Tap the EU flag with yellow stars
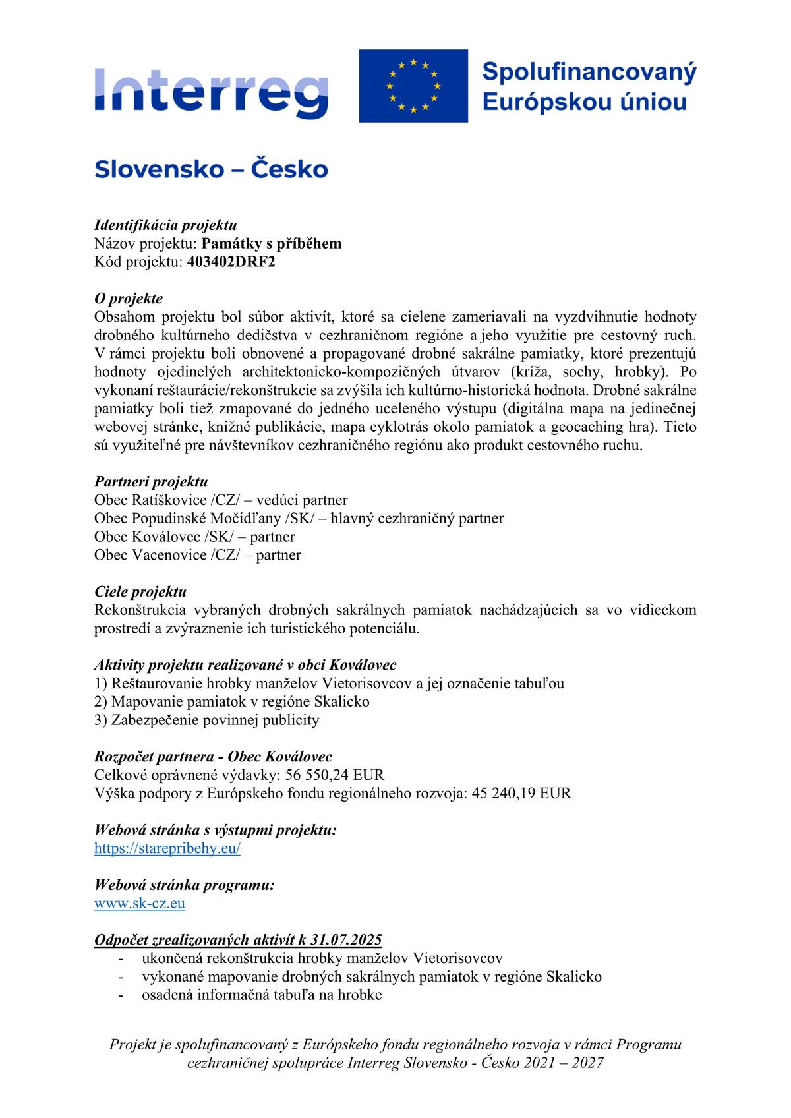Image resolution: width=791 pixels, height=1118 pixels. [413, 86]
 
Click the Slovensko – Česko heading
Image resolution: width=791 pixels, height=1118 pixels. [211, 169]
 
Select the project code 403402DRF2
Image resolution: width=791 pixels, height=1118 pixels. [231, 262]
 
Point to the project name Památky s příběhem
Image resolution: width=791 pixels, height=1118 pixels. [272, 243]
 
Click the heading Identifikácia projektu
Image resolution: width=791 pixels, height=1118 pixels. [165, 225]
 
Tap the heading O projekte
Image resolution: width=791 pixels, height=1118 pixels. [129, 299]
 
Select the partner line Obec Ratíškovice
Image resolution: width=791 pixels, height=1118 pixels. [221, 500]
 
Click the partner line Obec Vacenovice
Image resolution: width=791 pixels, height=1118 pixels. [197, 554]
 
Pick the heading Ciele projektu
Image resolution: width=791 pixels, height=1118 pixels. [140, 591]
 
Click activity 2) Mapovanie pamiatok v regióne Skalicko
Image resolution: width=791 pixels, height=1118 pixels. [231, 701]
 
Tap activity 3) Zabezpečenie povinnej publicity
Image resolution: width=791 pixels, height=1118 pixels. [206, 720]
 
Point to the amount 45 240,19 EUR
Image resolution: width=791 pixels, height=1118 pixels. [521, 793]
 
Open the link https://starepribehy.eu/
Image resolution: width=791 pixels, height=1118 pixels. [167, 848]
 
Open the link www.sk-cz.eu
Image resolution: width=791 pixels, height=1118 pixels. [140, 903]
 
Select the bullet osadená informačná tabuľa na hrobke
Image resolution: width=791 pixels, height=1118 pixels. [262, 995]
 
